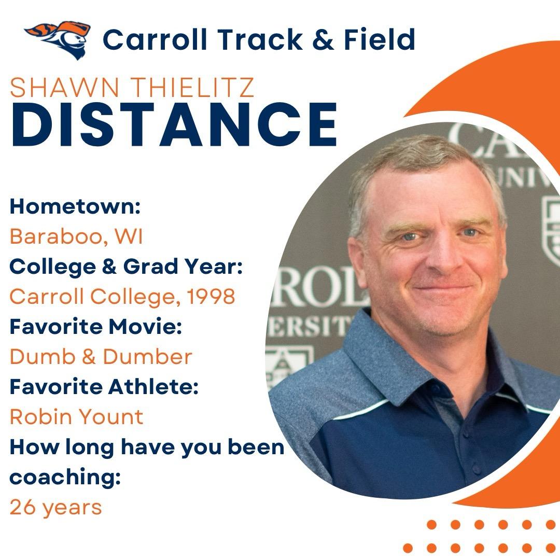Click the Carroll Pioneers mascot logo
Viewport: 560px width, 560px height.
click(58, 39)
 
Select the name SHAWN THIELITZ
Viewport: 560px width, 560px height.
click(132, 88)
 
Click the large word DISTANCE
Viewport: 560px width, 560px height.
click(174, 125)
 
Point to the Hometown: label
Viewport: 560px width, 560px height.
click(76, 207)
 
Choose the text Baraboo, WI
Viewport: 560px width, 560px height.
click(76, 237)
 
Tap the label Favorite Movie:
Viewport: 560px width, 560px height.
click(96, 327)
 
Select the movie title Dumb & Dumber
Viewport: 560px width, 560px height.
click(101, 357)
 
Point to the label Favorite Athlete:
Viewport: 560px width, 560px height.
click(104, 387)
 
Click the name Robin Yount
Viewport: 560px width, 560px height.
click(76, 416)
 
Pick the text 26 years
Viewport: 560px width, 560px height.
click(55, 507)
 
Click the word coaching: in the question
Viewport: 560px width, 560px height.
click(65, 477)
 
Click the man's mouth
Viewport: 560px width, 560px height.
click(441, 288)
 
